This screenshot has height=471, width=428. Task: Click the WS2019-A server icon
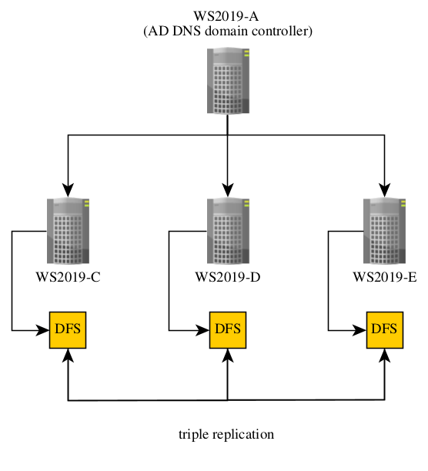coord(228,81)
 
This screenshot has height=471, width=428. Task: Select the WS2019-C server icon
coord(69,231)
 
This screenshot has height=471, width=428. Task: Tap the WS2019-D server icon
coord(228,231)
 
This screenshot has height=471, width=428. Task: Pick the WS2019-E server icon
coord(384,231)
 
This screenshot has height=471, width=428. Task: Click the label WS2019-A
coord(226,16)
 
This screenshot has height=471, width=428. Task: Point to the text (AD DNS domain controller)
coord(228,31)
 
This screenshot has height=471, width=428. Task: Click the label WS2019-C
coord(69,277)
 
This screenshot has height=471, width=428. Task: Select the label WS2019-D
coord(228,277)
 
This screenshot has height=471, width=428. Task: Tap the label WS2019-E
coord(385,277)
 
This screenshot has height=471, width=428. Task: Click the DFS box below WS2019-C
coord(68,330)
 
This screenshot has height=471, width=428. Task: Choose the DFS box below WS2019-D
coord(228,330)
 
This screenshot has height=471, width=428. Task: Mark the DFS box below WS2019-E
coord(385,330)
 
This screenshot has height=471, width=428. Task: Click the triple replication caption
coord(226,434)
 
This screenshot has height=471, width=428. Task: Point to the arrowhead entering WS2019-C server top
coord(69,189)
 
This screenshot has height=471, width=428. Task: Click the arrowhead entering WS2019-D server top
coord(228,189)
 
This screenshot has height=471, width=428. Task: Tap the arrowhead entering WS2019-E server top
coord(385,189)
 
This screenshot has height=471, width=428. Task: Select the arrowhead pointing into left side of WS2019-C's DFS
coord(42,330)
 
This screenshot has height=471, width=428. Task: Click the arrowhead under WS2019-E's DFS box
coord(385,356)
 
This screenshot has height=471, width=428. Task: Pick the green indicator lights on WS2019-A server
coord(246,53)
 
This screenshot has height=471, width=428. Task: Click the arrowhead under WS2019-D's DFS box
coord(228,356)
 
